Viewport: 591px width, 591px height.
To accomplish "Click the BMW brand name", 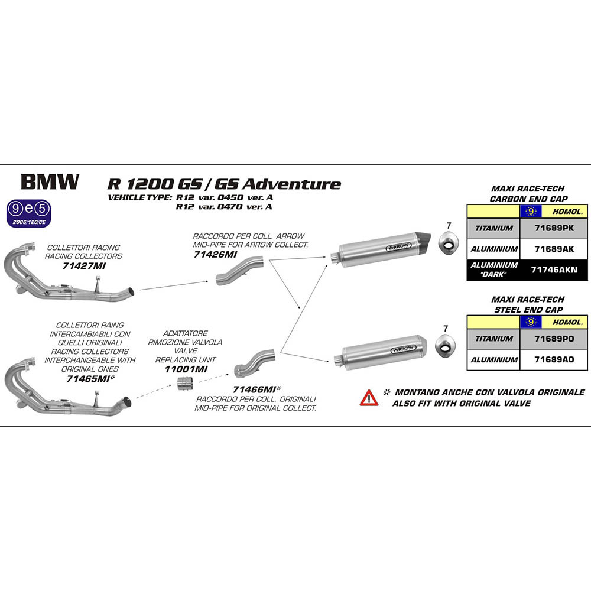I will click(x=50, y=182).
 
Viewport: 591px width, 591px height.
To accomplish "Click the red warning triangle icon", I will click(x=369, y=398).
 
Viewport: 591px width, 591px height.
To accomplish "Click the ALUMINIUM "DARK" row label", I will click(x=493, y=269).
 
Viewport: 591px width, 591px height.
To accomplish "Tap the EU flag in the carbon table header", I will click(x=530, y=211).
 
